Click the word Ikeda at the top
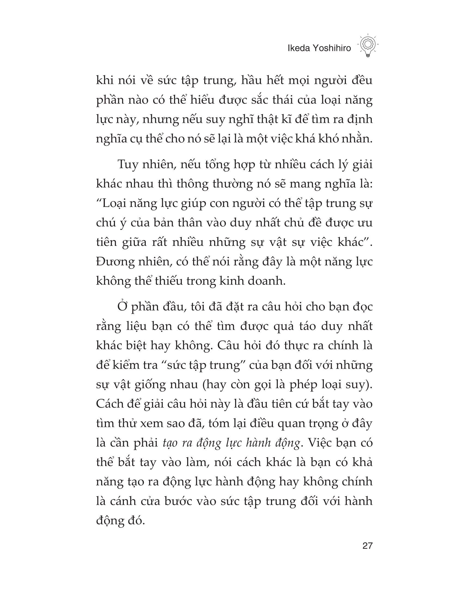pyautogui.click(x=298, y=48)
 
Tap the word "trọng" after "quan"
pyautogui.click(x=317, y=424)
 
